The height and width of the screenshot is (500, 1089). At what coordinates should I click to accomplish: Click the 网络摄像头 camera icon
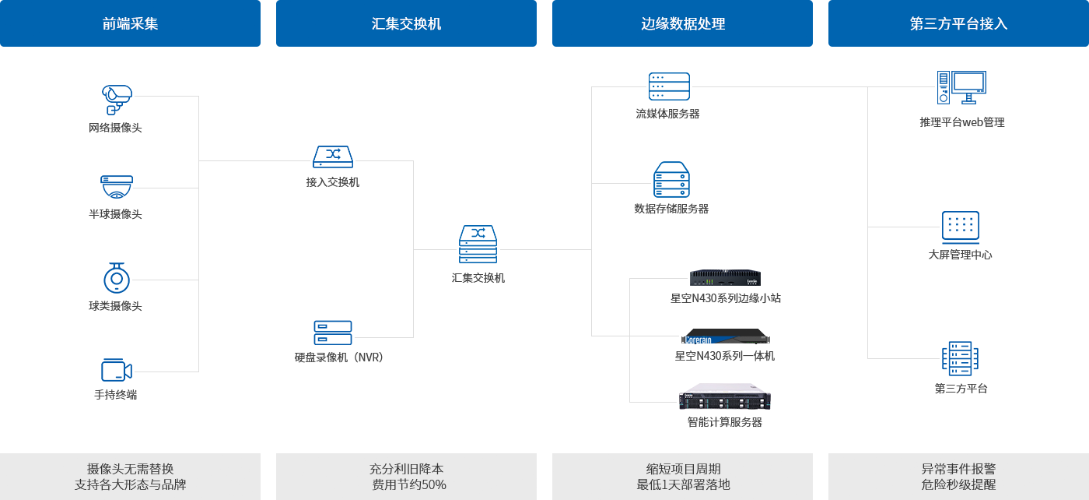point(117,99)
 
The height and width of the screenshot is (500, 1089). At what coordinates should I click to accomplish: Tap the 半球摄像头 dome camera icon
point(117,187)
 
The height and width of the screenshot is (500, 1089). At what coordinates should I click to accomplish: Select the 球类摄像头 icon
point(117,277)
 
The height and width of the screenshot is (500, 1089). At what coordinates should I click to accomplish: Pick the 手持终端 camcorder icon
point(116,370)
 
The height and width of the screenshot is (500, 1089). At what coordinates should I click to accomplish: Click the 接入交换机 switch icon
point(333,157)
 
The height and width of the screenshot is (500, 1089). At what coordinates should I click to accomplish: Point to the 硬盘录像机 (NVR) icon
point(333,333)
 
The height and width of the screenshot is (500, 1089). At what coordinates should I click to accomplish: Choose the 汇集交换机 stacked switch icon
point(478,244)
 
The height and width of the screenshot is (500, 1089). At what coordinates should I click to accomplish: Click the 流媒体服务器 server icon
point(669,86)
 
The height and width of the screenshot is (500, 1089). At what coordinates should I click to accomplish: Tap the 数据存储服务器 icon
point(671,179)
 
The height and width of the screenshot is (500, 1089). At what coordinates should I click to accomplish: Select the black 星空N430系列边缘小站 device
point(725,277)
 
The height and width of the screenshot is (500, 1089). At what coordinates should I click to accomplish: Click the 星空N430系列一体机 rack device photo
point(725,336)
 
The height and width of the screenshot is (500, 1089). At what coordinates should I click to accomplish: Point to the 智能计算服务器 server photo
point(724,397)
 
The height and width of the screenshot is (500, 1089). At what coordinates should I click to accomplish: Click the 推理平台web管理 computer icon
point(961,87)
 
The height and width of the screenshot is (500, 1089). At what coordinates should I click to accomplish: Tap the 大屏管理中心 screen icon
point(961,227)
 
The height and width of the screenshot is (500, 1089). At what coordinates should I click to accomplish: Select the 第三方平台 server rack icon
point(961,359)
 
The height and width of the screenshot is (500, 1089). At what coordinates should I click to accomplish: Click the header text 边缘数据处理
point(683,24)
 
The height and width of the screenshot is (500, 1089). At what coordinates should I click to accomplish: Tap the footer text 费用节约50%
point(409,484)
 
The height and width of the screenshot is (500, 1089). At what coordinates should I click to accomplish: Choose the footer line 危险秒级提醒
point(958,484)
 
